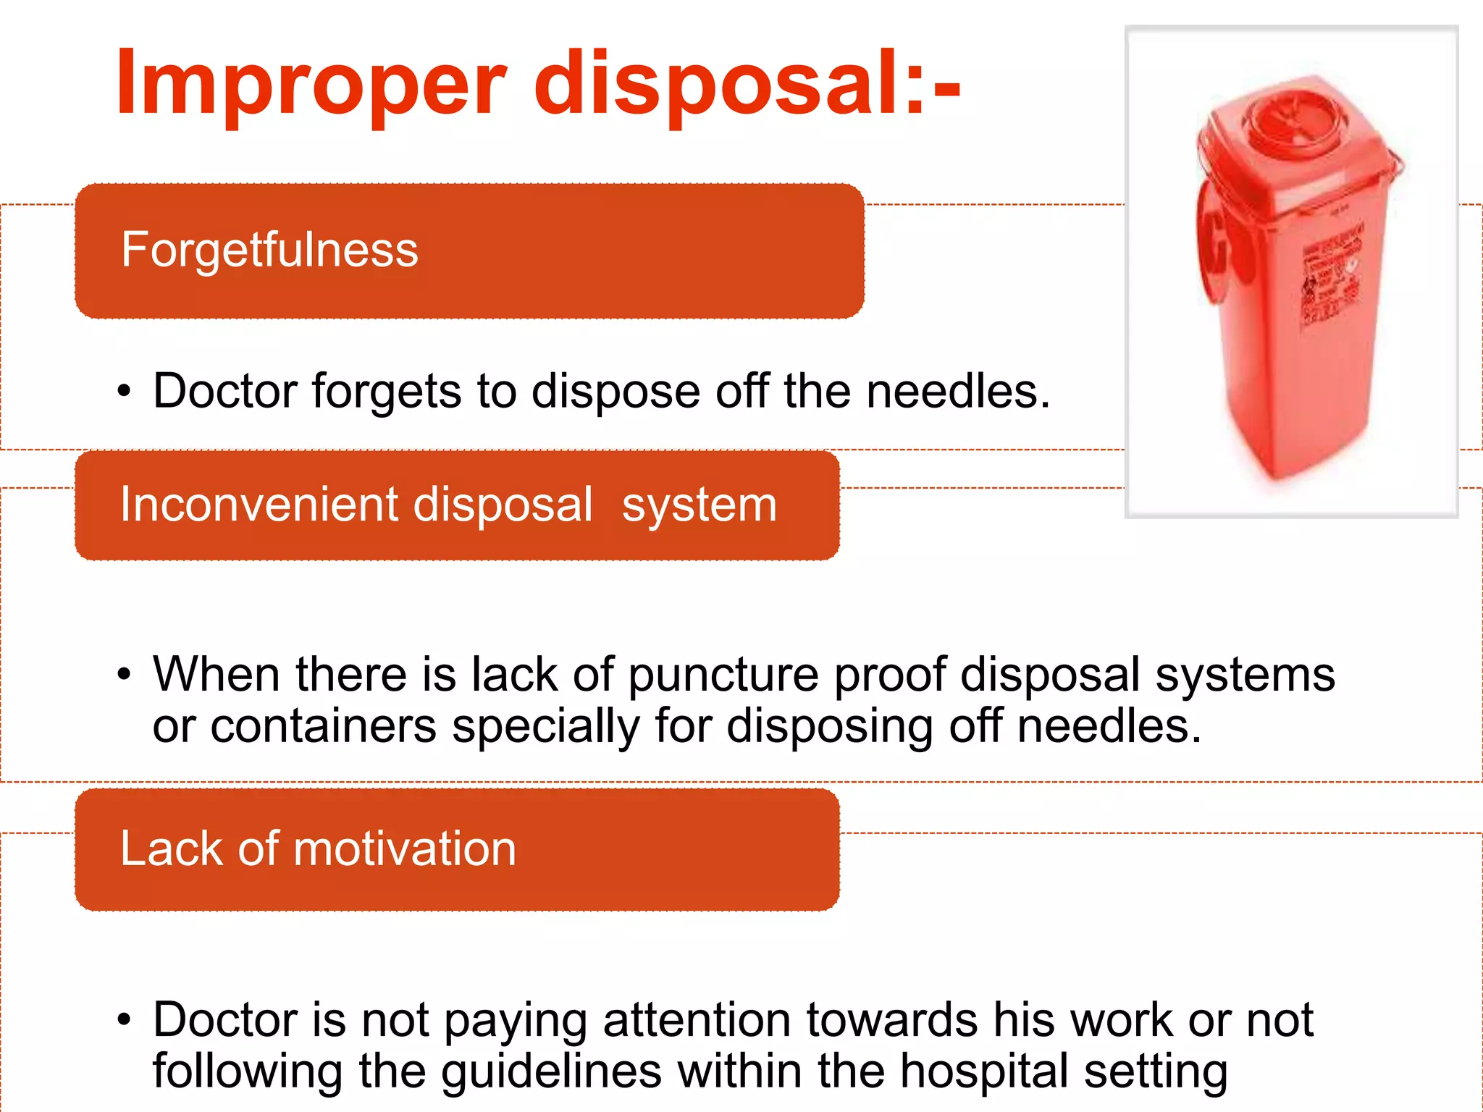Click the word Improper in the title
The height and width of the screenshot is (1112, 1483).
[x=310, y=83]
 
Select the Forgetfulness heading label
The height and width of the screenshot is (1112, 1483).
[x=269, y=250]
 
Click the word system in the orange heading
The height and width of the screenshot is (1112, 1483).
[x=699, y=505]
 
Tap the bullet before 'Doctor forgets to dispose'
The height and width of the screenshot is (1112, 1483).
[x=125, y=392]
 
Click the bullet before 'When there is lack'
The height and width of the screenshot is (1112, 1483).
[x=125, y=675]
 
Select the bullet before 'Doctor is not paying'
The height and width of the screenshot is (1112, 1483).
[x=125, y=1020]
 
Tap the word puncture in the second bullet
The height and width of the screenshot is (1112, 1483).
[x=723, y=675]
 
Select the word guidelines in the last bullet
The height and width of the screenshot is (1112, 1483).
[x=551, y=1071]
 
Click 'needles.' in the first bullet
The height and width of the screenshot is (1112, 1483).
[x=957, y=392]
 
